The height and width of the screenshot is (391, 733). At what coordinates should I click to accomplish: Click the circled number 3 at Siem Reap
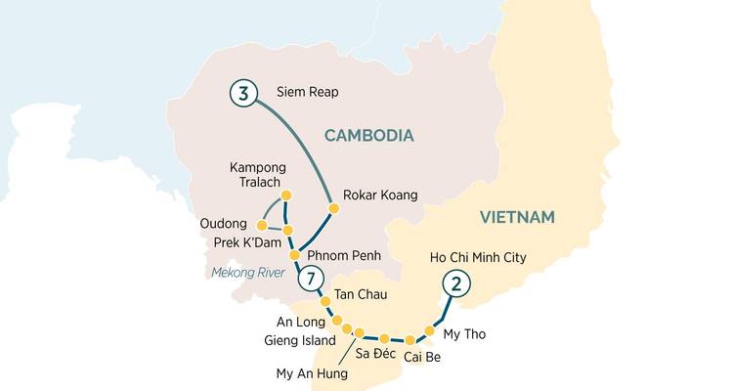tap(243, 94)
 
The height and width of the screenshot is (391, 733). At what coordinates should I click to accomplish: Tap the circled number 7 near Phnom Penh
tap(310, 279)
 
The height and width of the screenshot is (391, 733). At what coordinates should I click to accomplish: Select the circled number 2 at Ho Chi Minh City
tap(454, 284)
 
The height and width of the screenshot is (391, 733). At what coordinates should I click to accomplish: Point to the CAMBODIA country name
tap(368, 136)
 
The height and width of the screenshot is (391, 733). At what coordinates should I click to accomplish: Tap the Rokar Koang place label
tap(380, 195)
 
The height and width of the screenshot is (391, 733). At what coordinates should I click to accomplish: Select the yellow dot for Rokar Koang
tap(333, 208)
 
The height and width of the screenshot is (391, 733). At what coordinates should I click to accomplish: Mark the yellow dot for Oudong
tap(261, 225)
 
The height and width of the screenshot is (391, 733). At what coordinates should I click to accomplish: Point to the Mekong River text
tap(249, 273)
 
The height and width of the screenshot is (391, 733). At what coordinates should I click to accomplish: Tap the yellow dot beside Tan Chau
tap(325, 302)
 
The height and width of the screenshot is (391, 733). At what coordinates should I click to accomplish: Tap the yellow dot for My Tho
tap(430, 331)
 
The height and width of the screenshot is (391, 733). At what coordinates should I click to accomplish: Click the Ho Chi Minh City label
tap(479, 258)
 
